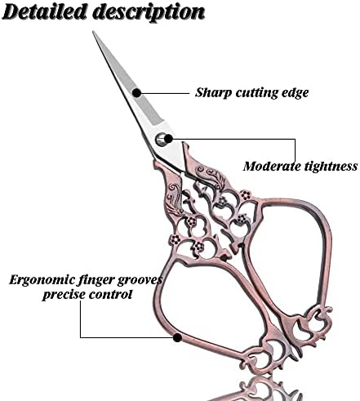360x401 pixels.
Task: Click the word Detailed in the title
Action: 45,11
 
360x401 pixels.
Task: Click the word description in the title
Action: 149,12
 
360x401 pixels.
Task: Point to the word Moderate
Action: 269,166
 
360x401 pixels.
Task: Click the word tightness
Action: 329,166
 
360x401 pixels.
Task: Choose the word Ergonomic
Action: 42,280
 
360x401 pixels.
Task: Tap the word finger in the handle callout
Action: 96,280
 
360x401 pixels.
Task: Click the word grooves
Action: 140,281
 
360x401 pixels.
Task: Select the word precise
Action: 63,294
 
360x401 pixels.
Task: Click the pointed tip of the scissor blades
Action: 94,32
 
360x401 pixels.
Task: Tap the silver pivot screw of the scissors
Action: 161,139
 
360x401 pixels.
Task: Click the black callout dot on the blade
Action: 136,93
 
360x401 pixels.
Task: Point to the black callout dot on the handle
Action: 177,337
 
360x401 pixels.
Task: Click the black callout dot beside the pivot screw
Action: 168,139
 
